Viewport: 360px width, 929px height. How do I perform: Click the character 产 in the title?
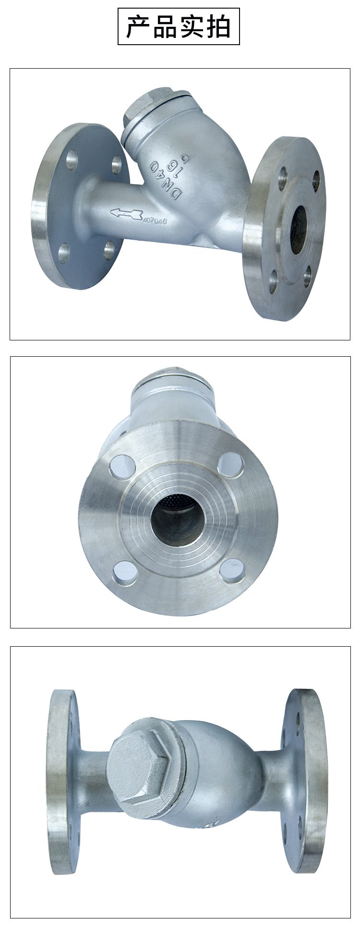pos(138,26)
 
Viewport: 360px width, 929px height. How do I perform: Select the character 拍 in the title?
pos(218,26)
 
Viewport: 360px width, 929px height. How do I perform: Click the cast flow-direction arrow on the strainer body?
pos(126,213)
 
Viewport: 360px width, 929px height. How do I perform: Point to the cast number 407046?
pos(155,221)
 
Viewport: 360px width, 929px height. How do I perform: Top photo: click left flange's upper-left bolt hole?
pos(72,160)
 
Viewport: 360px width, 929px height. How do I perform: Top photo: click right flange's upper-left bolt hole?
pos(283,178)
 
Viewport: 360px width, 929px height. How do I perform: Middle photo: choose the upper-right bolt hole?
pos(230,465)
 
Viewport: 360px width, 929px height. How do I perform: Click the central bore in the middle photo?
pos(178,519)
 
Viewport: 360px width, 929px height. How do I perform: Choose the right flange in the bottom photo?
pos(305,780)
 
